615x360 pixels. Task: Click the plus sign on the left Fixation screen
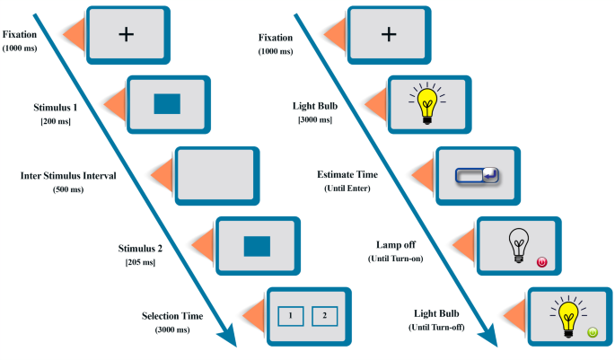coord(126,33)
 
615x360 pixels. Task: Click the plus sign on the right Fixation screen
coord(388,34)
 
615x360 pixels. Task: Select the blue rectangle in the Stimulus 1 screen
coord(168,104)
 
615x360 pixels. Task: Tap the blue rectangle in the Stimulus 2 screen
coord(257,245)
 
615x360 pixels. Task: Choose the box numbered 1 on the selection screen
coord(291,315)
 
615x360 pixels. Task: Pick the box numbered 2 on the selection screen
coord(324,315)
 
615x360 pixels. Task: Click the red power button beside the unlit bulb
coord(540,262)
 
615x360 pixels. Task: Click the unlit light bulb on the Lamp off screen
coord(518,244)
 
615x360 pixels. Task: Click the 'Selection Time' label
coord(172,316)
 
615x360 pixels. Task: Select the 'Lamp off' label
coord(392,244)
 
